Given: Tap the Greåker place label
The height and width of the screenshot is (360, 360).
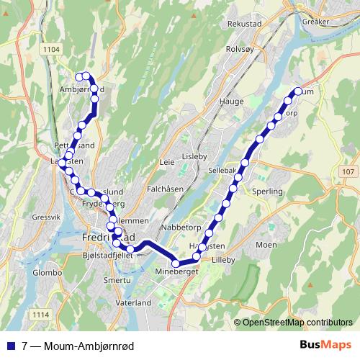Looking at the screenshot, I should click(x=317, y=22).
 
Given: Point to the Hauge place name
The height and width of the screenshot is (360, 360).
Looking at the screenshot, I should click(x=227, y=102).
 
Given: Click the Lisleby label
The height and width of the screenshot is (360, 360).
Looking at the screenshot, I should click(x=195, y=156).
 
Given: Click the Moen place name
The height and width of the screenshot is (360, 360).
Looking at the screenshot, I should click(x=266, y=246).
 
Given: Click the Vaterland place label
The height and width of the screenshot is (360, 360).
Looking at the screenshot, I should click(x=134, y=303).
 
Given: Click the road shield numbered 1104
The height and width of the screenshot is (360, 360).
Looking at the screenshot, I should click(x=53, y=49).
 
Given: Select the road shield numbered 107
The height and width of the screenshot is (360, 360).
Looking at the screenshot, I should click(x=348, y=171).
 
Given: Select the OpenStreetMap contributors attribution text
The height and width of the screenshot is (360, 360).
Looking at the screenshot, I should click(x=296, y=322).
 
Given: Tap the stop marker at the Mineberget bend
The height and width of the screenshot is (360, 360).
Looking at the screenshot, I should click(x=175, y=264).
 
